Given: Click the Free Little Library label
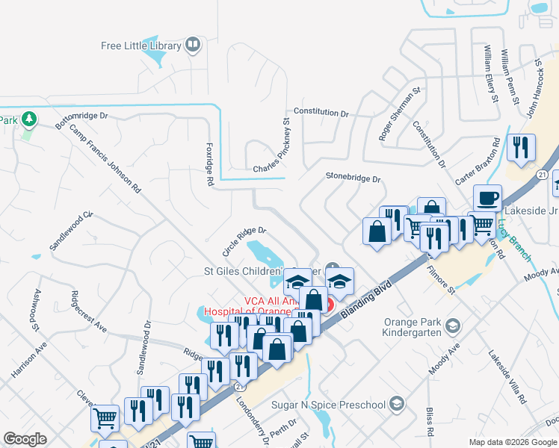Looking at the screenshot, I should click(141, 46).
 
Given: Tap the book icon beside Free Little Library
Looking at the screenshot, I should click(193, 46).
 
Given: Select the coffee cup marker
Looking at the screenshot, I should click(487, 199).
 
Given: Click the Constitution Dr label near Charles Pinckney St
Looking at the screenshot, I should click(321, 112).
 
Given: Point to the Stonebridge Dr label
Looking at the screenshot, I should click(353, 178).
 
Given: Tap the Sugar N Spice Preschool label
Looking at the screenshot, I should click(330, 405).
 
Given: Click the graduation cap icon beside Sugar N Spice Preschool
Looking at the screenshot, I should click(397, 405).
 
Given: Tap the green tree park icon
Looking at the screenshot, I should click(29, 119).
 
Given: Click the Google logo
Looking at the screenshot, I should click(25, 439).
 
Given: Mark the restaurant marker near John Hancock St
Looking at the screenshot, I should click(521, 148).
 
